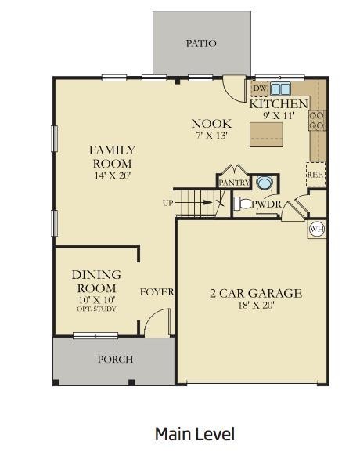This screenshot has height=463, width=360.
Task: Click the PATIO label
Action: pyautogui.click(x=201, y=44)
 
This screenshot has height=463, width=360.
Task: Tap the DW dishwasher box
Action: pyautogui.click(x=260, y=89)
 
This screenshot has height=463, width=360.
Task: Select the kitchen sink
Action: pyautogui.click(x=280, y=89)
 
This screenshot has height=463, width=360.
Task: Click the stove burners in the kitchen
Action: pyautogui.click(x=317, y=120)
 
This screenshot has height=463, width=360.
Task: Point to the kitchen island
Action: pyautogui.click(x=266, y=135)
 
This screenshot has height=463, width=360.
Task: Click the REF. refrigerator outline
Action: pyautogui.click(x=315, y=175)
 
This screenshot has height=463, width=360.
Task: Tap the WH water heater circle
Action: pyautogui.click(x=317, y=229)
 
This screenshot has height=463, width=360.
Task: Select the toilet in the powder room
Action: pyautogui.click(x=243, y=204)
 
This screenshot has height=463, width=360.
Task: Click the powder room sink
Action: pyautogui.click(x=263, y=183)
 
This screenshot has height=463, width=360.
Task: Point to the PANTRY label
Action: pyautogui.click(x=234, y=183)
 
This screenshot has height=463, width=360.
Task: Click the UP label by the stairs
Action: pyautogui.click(x=167, y=203)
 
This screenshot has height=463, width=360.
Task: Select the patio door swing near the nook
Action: pyautogui.click(x=234, y=89)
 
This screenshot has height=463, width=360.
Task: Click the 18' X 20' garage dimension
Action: pyautogui.click(x=256, y=306)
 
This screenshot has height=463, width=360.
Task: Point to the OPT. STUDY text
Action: pyautogui.click(x=96, y=309)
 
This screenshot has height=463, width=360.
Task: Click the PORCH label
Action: pyautogui.click(x=115, y=360)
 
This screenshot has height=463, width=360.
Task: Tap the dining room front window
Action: pyautogui.click(x=95, y=335)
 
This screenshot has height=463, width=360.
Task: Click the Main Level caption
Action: pyautogui.click(x=195, y=434)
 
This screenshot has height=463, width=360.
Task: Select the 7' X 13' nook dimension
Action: pyautogui.click(x=211, y=136)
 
